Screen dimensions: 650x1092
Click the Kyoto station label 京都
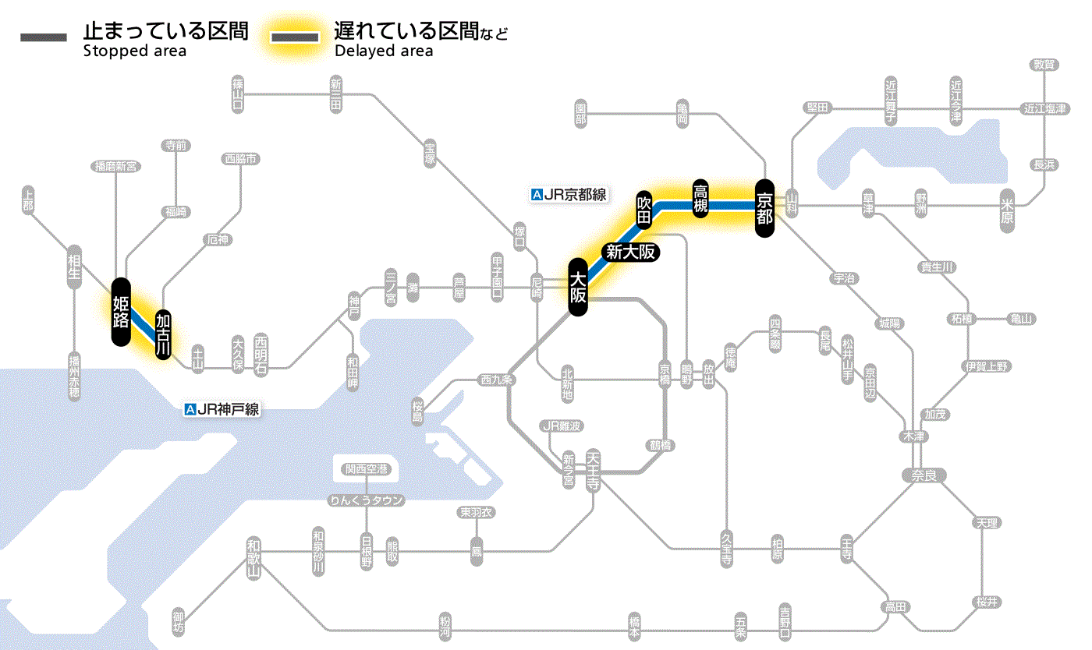(x=764, y=208)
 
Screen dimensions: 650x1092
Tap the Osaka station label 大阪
(x=577, y=287)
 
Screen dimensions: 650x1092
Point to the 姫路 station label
(x=121, y=312)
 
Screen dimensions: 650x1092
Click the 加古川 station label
(x=163, y=335)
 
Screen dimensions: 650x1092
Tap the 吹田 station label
(x=644, y=210)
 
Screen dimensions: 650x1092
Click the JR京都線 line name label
(x=569, y=195)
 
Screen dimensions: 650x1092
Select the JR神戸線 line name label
(x=222, y=408)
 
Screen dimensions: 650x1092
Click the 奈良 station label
(x=924, y=475)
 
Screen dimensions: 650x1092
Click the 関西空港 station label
(x=366, y=469)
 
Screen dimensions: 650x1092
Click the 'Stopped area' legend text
(x=134, y=51)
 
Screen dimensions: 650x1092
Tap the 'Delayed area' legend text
(x=384, y=51)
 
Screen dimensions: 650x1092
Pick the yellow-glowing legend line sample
(x=294, y=38)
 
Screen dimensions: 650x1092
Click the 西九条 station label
(x=496, y=380)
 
